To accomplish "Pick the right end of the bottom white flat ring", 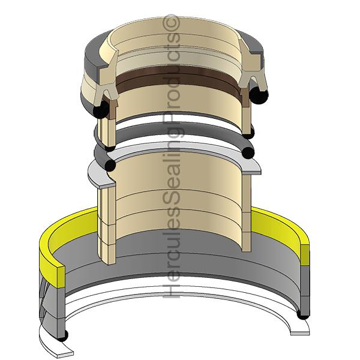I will click(304, 329).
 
